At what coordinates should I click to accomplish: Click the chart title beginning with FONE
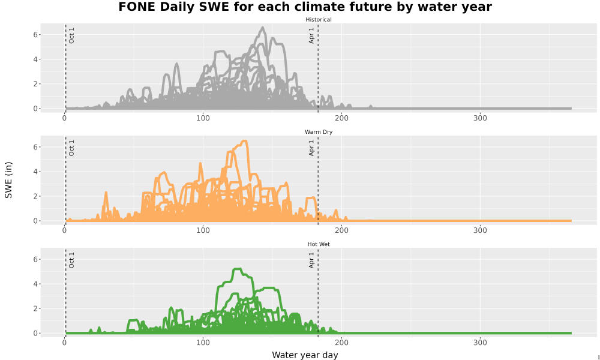tap(305, 7)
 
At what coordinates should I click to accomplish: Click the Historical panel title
tap(319, 20)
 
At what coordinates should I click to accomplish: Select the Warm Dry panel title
tap(319, 132)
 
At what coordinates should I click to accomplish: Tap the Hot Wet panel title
tap(319, 244)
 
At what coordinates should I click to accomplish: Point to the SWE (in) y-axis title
tap(8, 180)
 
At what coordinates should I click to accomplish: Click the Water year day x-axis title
tap(305, 355)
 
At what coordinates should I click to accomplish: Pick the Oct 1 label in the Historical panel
tap(71, 35)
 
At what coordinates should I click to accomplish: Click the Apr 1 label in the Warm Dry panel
tap(311, 148)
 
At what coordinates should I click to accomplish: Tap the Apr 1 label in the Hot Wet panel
tap(311, 260)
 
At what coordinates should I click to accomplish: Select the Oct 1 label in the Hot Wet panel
tap(71, 260)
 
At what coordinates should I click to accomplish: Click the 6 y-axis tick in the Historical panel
tap(35, 35)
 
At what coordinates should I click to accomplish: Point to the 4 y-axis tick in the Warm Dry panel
tap(35, 172)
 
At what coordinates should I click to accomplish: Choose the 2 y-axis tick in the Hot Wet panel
tap(35, 309)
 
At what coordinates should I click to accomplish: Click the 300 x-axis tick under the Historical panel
tap(480, 118)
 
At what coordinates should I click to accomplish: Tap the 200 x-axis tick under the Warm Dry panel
tap(342, 230)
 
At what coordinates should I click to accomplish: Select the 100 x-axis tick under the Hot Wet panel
tap(203, 343)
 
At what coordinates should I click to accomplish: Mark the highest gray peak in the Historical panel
tap(263, 28)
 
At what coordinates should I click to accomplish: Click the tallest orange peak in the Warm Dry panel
tap(244, 141)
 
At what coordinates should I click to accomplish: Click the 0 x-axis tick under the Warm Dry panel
tap(65, 230)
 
